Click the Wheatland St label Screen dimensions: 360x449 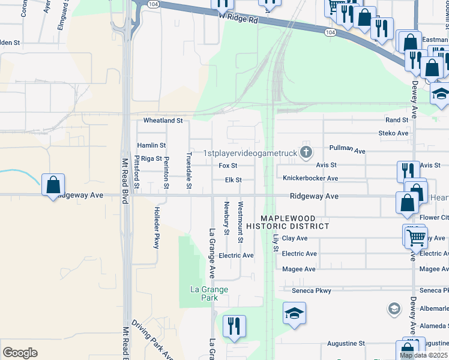tap(163, 121)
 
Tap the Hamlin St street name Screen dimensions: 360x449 tap(151, 145)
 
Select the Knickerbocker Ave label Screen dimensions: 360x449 tap(310, 178)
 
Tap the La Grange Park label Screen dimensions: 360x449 tap(209, 293)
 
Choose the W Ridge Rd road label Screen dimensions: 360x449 tap(238, 20)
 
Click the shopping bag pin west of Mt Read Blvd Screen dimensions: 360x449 tap(53, 184)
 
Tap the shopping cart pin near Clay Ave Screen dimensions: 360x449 tap(415, 237)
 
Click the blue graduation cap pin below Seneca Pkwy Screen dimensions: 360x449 tap(294, 313)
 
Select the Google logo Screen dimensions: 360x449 tap(20, 353)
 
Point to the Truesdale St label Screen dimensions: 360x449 tap(188, 170)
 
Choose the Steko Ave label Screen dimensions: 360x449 tap(393, 133)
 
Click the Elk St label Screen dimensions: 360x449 tap(233, 180)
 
